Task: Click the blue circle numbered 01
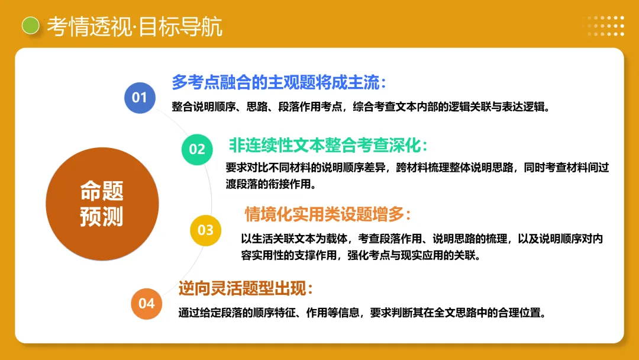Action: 140,98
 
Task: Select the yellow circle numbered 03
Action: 205,230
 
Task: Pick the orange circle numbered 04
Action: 146,304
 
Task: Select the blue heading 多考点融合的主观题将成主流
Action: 279,82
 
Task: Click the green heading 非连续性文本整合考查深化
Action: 328,145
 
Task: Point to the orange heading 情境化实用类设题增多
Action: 328,214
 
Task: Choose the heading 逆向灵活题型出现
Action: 246,288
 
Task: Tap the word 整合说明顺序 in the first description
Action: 201,107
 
